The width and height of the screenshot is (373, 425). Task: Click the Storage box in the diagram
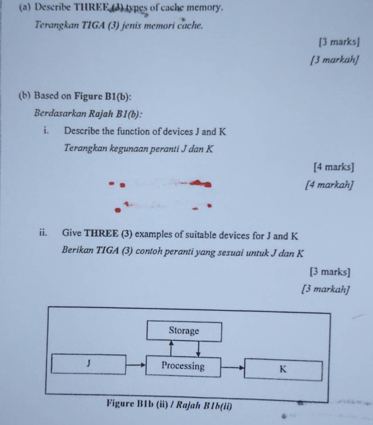(184, 331)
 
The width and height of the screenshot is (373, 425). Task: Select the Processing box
(183, 366)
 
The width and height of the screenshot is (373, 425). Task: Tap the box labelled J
(89, 364)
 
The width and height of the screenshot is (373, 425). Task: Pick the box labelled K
(283, 370)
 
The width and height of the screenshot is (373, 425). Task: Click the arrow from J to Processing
(136, 365)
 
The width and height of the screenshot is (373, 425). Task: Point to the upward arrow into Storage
(171, 349)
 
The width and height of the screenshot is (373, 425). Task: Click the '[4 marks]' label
(334, 167)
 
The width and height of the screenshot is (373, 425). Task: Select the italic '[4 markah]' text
(329, 185)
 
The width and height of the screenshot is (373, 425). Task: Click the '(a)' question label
(25, 8)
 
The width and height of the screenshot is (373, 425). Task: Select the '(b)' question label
(25, 96)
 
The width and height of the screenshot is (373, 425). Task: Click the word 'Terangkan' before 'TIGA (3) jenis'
(57, 25)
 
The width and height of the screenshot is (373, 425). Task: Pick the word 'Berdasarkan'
(60, 113)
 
